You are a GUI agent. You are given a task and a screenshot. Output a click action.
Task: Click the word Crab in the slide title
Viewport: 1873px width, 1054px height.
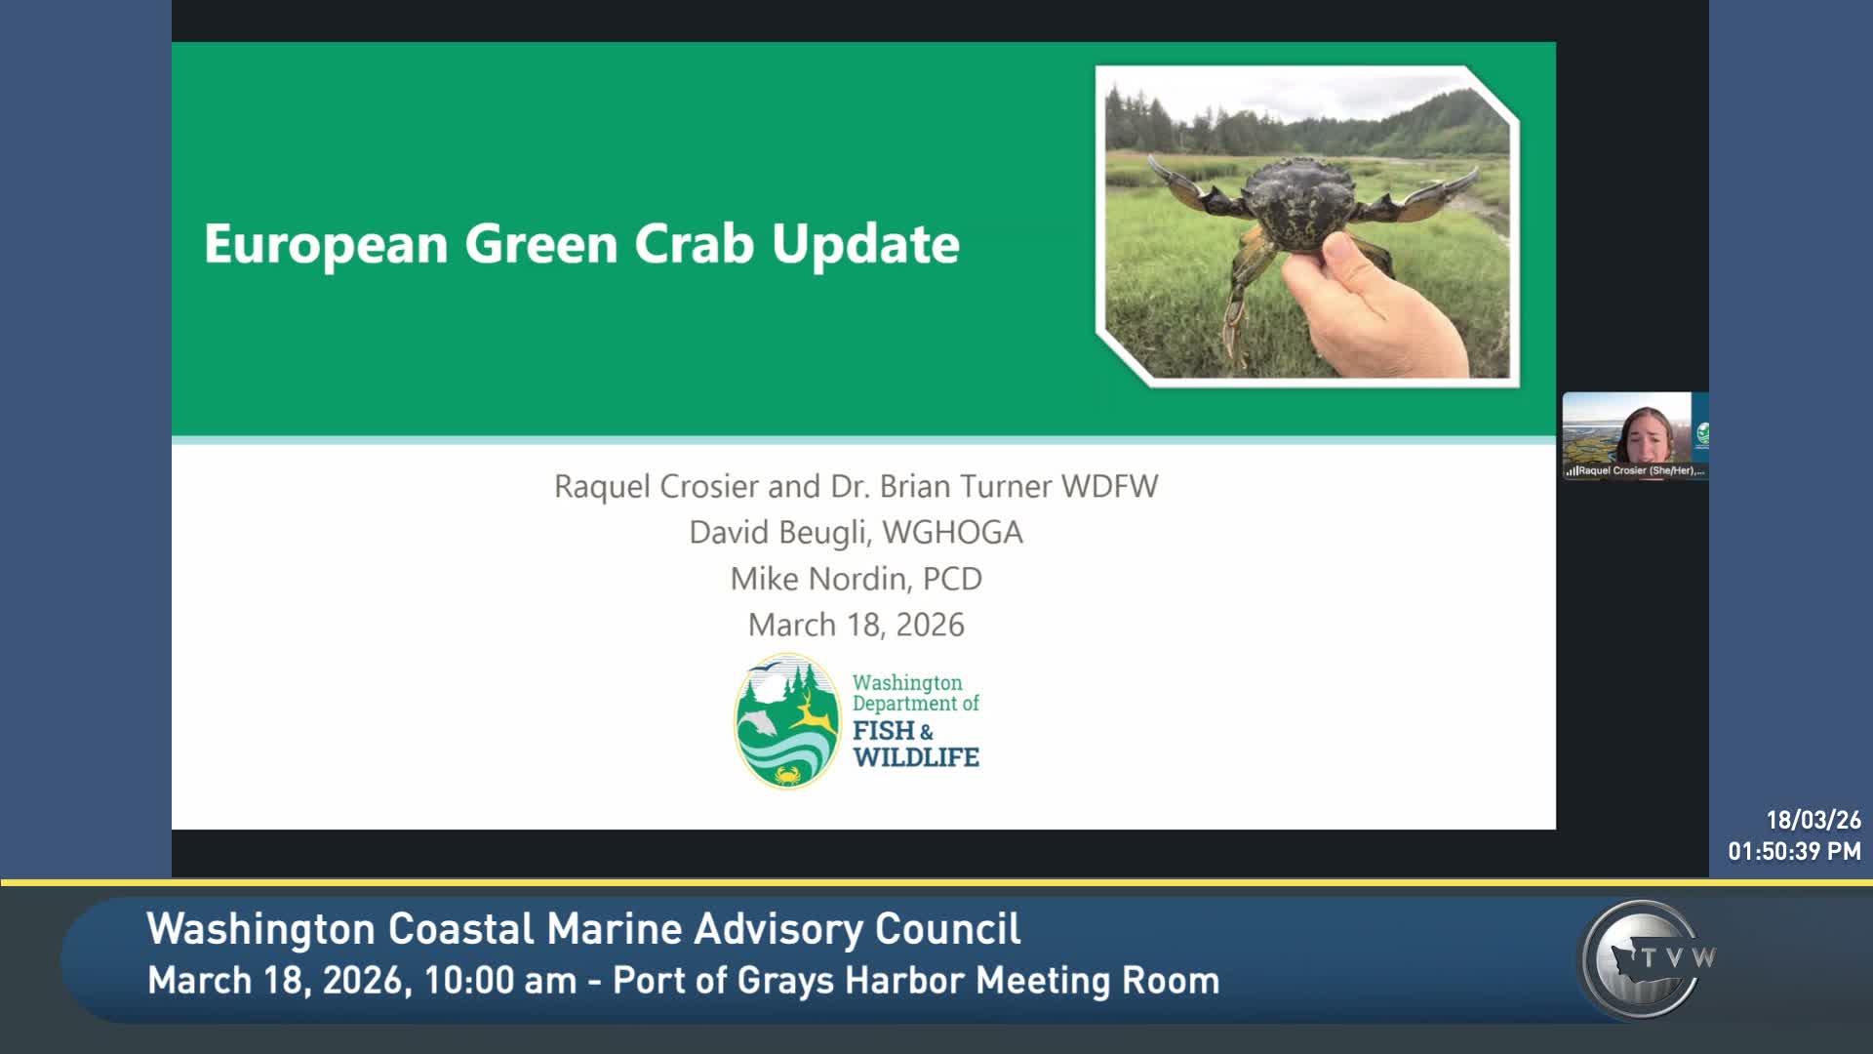tap(694, 244)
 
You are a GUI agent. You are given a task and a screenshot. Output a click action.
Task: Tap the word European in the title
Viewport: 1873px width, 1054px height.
tap(325, 244)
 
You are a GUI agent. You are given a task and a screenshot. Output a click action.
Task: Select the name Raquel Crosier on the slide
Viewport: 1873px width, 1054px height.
tap(656, 486)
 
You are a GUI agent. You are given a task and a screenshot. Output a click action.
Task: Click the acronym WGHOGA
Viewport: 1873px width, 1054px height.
tap(952, 533)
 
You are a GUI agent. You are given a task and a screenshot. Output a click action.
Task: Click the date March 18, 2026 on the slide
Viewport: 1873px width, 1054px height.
tap(856, 625)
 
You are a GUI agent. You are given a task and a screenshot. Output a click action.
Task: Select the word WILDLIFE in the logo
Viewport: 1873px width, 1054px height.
tap(915, 757)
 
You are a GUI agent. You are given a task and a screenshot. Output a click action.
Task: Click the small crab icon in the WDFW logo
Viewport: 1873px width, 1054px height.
tap(786, 776)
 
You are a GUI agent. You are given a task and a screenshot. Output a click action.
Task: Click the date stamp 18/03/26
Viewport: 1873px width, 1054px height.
tap(1813, 820)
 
